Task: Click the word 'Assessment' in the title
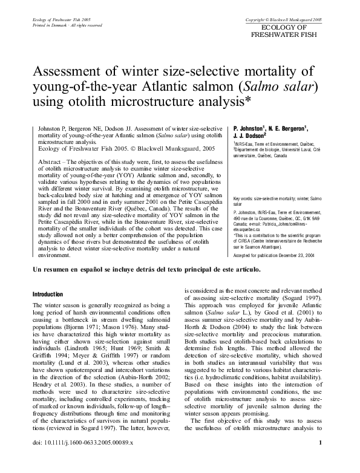click(73, 71)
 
